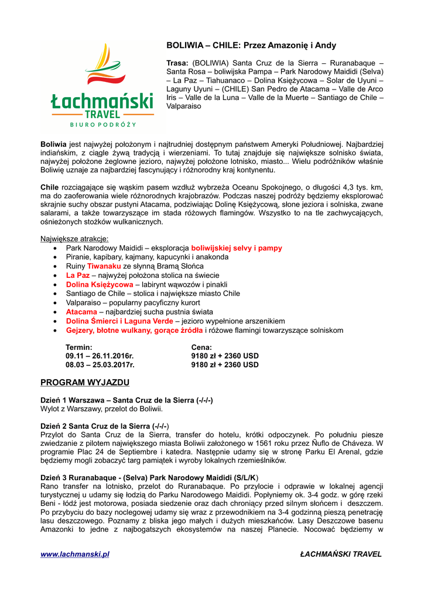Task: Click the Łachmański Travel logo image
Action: (x=102, y=85)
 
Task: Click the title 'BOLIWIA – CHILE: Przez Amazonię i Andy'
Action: (x=251, y=45)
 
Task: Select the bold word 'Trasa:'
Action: (x=178, y=63)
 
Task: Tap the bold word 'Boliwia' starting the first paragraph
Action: (x=53, y=144)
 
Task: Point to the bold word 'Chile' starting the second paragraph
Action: (x=50, y=187)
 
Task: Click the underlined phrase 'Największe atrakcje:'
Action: (x=74, y=239)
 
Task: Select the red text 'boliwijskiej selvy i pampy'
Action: (x=237, y=248)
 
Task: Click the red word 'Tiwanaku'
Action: (x=104, y=266)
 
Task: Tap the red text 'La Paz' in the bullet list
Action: (x=78, y=275)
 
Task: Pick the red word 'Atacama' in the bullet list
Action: (x=81, y=312)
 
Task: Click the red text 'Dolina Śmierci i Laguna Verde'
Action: (x=119, y=321)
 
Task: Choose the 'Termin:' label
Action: (x=78, y=347)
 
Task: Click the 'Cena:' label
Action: (x=201, y=347)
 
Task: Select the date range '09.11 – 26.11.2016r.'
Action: (x=100, y=356)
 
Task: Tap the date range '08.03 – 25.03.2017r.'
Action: (x=100, y=364)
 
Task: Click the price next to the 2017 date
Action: (x=225, y=364)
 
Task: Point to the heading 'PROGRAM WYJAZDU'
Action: (x=84, y=383)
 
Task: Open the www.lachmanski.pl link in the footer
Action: (x=74, y=554)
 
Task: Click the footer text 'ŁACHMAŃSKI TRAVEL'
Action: (x=340, y=554)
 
